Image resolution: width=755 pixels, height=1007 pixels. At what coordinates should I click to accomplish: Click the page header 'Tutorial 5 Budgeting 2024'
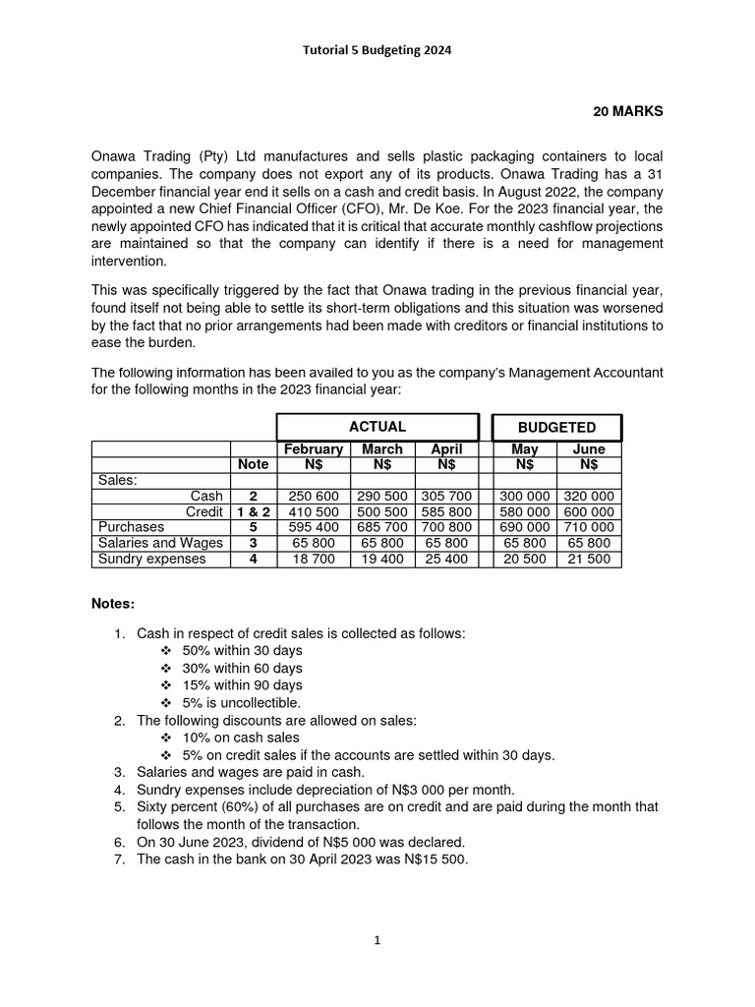pyautogui.click(x=377, y=51)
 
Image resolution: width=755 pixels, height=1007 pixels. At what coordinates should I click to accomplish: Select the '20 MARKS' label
pyautogui.click(x=627, y=111)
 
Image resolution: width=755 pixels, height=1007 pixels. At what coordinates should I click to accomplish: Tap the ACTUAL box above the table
pyautogui.click(x=377, y=427)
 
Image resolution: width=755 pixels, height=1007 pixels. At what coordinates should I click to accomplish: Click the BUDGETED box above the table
pyautogui.click(x=556, y=428)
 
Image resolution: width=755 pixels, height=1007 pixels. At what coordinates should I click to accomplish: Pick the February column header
pyautogui.click(x=313, y=449)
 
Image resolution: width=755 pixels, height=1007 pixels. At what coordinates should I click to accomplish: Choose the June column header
pyautogui.click(x=589, y=449)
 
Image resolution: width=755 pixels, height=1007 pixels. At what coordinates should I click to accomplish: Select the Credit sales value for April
pyautogui.click(x=446, y=512)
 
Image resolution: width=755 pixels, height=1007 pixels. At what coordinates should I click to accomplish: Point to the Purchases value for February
pyautogui.click(x=313, y=528)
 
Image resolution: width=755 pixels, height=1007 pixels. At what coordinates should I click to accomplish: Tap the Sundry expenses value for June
pyautogui.click(x=589, y=560)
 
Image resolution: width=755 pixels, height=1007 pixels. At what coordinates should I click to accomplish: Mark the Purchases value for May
pyautogui.click(x=525, y=528)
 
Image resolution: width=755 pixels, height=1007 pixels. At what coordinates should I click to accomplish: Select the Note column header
pyautogui.click(x=253, y=464)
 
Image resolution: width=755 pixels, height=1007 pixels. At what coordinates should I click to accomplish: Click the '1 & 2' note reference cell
pyautogui.click(x=253, y=512)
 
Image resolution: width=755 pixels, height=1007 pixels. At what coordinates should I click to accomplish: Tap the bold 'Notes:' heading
pyautogui.click(x=113, y=602)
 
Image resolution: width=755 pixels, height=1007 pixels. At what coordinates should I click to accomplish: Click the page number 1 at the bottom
pyautogui.click(x=377, y=940)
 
